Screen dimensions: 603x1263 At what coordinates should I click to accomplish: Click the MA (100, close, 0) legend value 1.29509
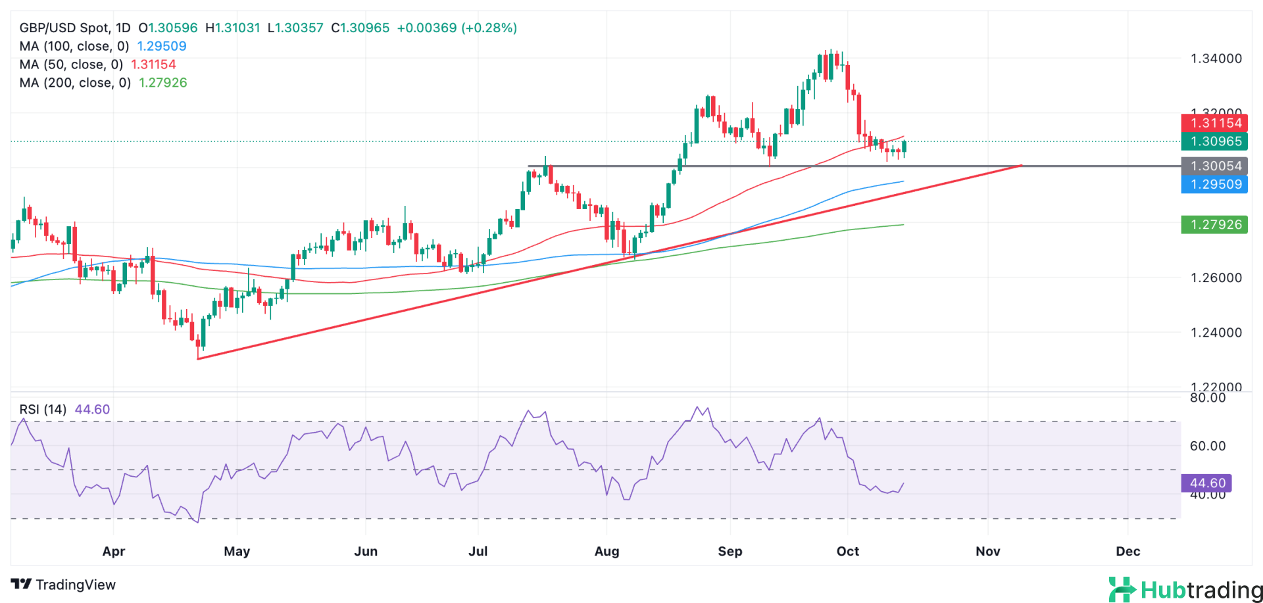point(161,46)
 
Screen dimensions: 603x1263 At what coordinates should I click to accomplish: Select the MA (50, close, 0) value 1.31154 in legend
point(153,64)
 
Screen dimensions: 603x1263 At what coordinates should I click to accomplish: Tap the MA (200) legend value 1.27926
point(162,83)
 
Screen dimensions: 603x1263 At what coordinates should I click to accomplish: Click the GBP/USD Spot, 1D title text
point(75,28)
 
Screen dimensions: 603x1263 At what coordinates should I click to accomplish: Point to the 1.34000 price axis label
point(1216,59)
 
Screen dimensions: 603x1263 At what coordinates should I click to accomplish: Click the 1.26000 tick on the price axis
point(1216,277)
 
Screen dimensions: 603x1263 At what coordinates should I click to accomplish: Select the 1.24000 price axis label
point(1216,333)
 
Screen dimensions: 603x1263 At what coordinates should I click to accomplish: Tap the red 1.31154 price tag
point(1214,123)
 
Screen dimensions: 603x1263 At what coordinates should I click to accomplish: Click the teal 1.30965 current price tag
point(1214,141)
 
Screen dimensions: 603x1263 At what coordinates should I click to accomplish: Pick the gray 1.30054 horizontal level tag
point(1214,166)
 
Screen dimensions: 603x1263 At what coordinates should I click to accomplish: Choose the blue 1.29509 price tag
point(1214,184)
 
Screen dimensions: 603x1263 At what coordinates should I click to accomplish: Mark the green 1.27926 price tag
point(1214,224)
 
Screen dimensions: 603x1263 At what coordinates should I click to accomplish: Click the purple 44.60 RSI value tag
point(1206,483)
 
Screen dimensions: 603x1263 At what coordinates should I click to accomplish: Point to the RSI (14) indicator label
point(43,409)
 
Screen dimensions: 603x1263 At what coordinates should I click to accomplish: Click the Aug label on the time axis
point(607,551)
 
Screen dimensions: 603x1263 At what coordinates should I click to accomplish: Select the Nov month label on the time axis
point(987,551)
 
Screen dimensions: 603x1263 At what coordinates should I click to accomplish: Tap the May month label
point(237,551)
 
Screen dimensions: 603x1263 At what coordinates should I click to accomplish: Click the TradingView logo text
point(63,585)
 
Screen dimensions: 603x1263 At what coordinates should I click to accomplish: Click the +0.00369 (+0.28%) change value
point(457,28)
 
